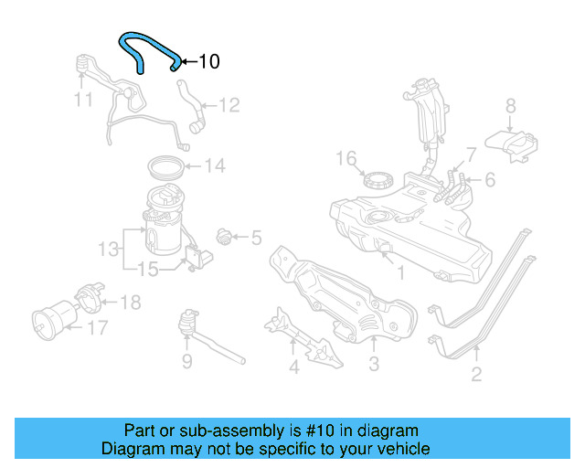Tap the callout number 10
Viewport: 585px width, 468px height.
[208, 62]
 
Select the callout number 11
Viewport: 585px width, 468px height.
[83, 98]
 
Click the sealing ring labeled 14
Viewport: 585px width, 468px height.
[166, 167]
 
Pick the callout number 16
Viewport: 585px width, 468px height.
[344, 159]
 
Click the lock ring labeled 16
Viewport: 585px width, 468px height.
[377, 176]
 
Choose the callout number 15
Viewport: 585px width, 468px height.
[147, 269]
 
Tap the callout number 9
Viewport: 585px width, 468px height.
[186, 362]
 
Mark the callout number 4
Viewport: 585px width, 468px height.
[293, 367]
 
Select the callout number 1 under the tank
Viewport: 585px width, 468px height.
[399, 272]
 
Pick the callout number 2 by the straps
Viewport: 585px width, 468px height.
[476, 373]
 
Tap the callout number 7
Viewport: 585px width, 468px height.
[471, 154]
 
